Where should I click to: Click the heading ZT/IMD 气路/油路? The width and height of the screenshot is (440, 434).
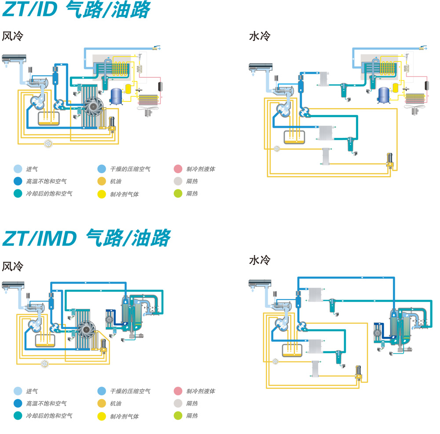[x=86, y=238]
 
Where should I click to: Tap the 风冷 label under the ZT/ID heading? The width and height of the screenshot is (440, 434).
[x=12, y=36]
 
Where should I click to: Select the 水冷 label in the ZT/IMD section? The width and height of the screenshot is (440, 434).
[x=260, y=260]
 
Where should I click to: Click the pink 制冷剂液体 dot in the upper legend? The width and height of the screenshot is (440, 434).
[x=178, y=169]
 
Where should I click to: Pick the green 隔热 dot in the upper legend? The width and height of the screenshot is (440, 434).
[x=178, y=193]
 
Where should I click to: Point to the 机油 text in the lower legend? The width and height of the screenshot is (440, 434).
[x=116, y=403]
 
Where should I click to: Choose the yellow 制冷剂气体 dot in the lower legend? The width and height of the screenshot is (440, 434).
[x=102, y=416]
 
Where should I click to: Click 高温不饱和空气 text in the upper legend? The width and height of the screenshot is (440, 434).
[x=46, y=181]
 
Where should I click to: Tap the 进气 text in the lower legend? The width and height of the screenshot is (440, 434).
[x=31, y=391]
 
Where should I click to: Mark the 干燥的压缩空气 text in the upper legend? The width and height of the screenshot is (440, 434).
[x=130, y=169]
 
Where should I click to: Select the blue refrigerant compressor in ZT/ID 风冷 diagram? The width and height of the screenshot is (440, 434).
[x=117, y=95]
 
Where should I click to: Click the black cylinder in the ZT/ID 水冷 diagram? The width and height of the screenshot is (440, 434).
[x=425, y=85]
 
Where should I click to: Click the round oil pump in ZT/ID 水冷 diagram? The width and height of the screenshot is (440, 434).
[x=277, y=149]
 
